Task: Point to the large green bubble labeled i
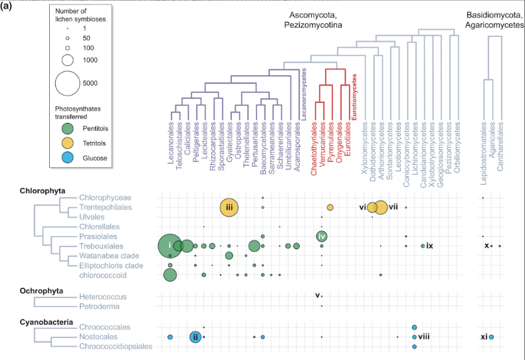pyautogui.click(x=170, y=246)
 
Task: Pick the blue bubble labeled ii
pyautogui.click(x=195, y=337)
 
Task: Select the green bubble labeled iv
pyautogui.click(x=322, y=236)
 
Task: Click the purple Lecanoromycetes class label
pyautogui.click(x=304, y=92)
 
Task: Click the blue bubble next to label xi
pyautogui.click(x=491, y=337)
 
